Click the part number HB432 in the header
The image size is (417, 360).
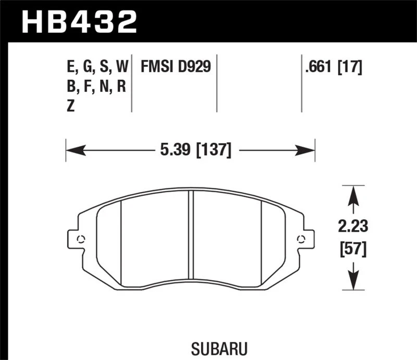(x=79, y=21)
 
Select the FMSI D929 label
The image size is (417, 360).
(x=175, y=67)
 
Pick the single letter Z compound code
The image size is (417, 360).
(x=71, y=106)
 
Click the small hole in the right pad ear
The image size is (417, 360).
(x=300, y=239)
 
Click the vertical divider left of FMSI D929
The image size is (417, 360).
(x=132, y=83)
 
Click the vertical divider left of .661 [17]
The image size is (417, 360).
(x=302, y=83)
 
